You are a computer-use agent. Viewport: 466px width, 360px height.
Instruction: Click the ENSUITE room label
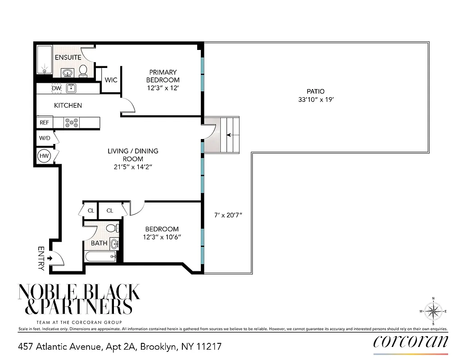tap(68, 57)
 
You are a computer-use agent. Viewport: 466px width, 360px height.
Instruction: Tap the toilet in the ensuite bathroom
tap(83, 70)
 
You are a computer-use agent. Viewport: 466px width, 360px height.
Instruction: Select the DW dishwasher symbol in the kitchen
tap(56, 88)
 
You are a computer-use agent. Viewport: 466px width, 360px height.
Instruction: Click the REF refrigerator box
tap(44, 122)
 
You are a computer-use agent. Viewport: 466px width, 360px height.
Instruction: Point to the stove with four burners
tap(72, 122)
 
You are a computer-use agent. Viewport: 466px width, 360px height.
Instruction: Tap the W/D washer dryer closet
tap(45, 138)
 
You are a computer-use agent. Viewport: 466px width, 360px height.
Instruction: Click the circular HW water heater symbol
tap(44, 156)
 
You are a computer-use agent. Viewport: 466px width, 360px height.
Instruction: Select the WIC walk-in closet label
tap(111, 80)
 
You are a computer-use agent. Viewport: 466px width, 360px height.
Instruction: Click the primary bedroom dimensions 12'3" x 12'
tap(163, 88)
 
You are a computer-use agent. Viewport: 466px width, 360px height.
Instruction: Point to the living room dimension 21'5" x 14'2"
tap(133, 167)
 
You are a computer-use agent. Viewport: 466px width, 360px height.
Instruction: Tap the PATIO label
tap(316, 91)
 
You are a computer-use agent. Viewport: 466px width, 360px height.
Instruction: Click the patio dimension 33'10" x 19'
tap(316, 100)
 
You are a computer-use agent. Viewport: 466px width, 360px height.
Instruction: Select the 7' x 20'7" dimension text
tap(228, 215)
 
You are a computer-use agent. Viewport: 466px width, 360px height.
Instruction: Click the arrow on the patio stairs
tap(230, 135)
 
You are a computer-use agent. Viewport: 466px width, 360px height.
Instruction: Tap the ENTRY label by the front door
tap(41, 258)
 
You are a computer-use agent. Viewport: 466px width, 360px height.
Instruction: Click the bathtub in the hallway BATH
tap(100, 256)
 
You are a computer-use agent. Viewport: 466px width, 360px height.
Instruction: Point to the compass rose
tap(433, 311)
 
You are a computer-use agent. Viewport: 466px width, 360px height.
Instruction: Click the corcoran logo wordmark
tap(411, 342)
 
